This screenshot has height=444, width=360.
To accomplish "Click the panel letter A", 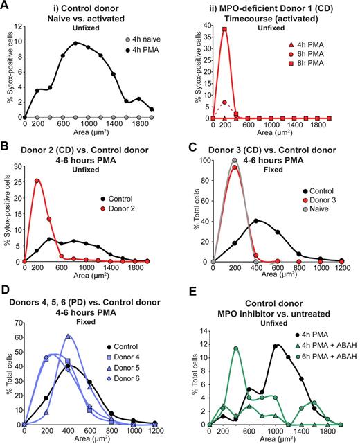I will click(6, 6).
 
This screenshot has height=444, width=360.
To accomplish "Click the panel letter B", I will click(6, 150).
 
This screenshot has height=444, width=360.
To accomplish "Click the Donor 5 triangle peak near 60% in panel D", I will click(87, 337).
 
